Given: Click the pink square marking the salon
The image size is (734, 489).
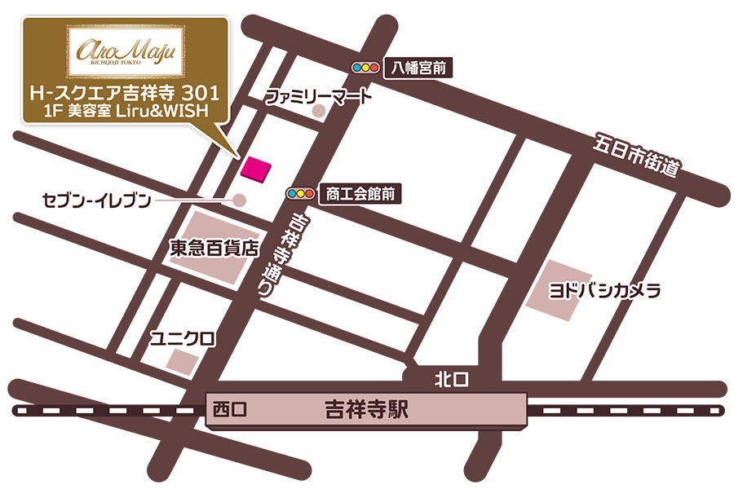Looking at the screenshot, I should [x=256, y=169].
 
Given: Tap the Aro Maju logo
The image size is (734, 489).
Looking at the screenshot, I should [x=126, y=51].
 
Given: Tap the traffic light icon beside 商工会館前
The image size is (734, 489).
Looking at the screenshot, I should [x=301, y=194].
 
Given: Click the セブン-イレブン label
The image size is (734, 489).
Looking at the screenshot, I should [x=97, y=199].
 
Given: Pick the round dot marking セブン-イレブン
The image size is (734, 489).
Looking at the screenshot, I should [x=240, y=199].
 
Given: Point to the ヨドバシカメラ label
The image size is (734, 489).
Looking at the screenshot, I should [x=604, y=291].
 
